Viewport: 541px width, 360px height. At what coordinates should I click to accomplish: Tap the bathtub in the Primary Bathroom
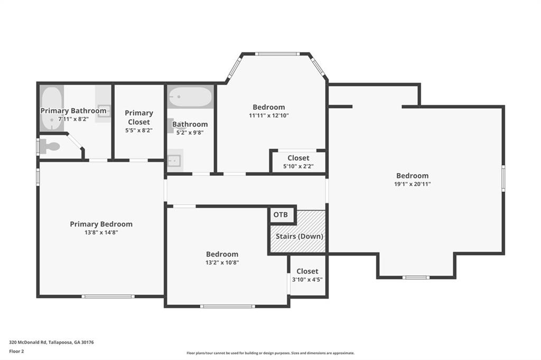pos(52,108)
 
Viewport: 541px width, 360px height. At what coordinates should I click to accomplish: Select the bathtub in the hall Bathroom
pos(190,97)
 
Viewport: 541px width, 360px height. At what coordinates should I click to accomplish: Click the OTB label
pos(281,215)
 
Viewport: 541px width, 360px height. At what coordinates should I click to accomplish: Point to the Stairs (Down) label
pos(300,236)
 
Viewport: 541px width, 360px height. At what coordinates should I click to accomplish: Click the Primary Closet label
pos(139,118)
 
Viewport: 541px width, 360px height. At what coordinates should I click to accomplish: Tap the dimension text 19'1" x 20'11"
pos(413,184)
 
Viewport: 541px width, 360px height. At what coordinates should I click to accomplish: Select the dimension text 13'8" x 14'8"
pos(101,232)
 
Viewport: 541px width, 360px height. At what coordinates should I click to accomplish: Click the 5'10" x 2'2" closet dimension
pos(299,166)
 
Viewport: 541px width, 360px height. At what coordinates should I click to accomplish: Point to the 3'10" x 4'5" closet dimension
pos(307,279)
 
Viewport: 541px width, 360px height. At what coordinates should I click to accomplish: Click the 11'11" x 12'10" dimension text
pos(269,116)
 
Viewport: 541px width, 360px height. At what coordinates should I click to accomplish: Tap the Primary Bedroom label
pos(101,224)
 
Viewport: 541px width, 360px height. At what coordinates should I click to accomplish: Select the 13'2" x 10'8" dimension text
pos(222,262)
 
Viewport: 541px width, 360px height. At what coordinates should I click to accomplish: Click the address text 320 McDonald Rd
pos(28,343)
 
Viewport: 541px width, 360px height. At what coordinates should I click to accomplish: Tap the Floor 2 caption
pos(16,352)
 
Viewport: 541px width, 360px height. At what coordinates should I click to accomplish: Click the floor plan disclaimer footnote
pos(270,353)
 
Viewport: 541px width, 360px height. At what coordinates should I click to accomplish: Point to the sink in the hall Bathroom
pos(175,160)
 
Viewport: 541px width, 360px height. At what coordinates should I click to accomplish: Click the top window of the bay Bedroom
pos(278,54)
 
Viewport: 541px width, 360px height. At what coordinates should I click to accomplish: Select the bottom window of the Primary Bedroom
pos(108,296)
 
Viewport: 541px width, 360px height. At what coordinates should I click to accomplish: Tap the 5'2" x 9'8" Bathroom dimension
pos(190,132)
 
